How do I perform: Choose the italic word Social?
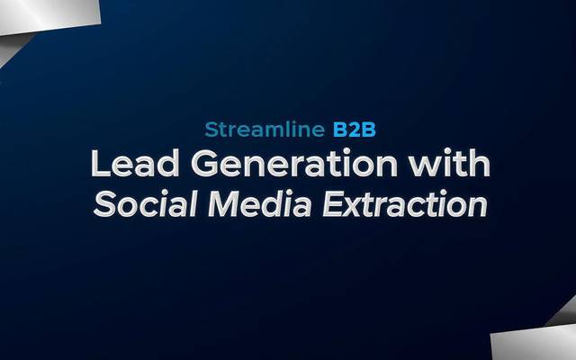coord(142,205)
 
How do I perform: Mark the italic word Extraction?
coord(407,205)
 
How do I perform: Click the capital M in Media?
coord(221,205)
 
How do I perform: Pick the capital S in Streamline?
coord(211,129)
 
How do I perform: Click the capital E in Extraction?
coord(333,205)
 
